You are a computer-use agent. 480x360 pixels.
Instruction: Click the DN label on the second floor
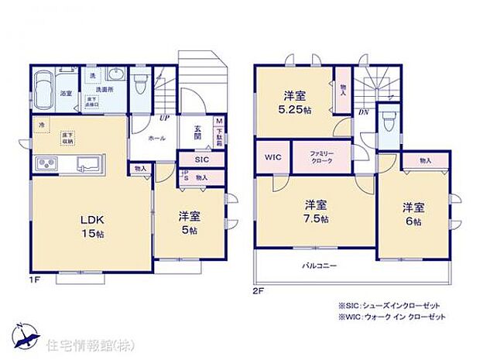point(363,112)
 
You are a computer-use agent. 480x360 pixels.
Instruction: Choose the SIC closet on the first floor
point(201,159)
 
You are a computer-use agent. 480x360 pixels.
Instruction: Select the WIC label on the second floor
point(271,157)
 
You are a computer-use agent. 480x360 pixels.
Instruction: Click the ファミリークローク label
point(322,157)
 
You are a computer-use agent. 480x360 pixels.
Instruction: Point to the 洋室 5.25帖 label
point(295,103)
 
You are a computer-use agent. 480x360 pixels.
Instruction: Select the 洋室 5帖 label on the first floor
point(187,222)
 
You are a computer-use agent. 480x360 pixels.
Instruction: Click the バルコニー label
point(318,266)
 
